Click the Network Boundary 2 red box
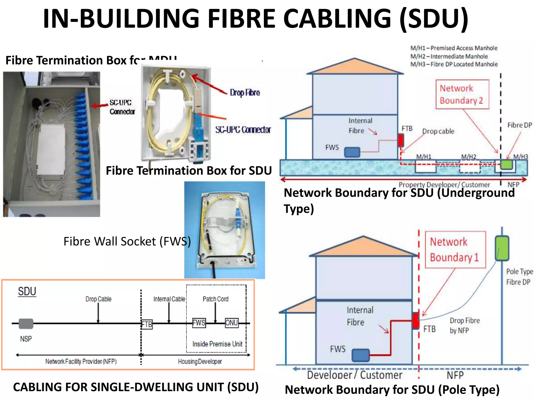pos(462,94)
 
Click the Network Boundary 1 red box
pos(455,250)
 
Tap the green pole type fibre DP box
pos(502,248)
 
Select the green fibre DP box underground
pos(506,165)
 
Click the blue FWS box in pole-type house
pos(361,355)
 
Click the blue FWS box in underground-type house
pos(352,152)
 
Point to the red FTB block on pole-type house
pos(416,321)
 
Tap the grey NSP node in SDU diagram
pos(26,324)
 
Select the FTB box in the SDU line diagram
pos(147,324)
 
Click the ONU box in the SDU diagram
pos(232,323)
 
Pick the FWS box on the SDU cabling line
pos(199,323)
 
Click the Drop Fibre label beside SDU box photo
pos(245,93)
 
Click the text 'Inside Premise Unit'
pos(217,344)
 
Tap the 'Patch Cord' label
pos(215,299)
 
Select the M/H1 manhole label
pos(423,157)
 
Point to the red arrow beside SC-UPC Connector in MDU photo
pos(100,105)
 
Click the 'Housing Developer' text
pos(200,361)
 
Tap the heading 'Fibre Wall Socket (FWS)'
pos(127,241)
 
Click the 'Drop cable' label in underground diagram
pos(438,131)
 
